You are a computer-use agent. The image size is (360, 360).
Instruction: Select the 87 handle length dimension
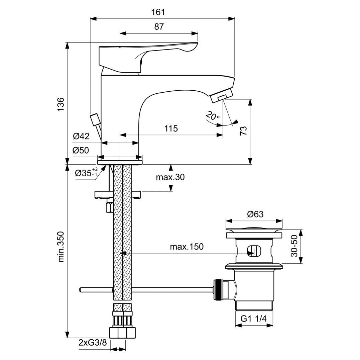(x=159, y=27)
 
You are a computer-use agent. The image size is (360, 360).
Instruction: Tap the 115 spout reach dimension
(x=171, y=128)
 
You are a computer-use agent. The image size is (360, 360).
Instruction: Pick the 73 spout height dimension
(x=244, y=130)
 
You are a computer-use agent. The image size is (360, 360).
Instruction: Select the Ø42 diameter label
(x=81, y=136)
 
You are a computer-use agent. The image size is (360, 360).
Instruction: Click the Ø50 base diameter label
(x=81, y=151)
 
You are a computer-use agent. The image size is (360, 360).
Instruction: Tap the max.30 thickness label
(x=170, y=177)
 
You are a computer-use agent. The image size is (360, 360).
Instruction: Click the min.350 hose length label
(x=61, y=247)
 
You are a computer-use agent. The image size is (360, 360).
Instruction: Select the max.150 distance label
(x=187, y=247)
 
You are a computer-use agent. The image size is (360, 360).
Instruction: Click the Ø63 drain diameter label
(x=255, y=214)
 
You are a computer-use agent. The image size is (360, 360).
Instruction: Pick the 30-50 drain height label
(x=294, y=246)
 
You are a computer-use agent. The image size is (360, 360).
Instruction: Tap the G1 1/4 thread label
(x=254, y=319)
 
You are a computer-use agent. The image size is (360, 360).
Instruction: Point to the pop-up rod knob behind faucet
(x=95, y=119)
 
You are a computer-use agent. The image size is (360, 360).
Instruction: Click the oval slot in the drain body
(x=255, y=251)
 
